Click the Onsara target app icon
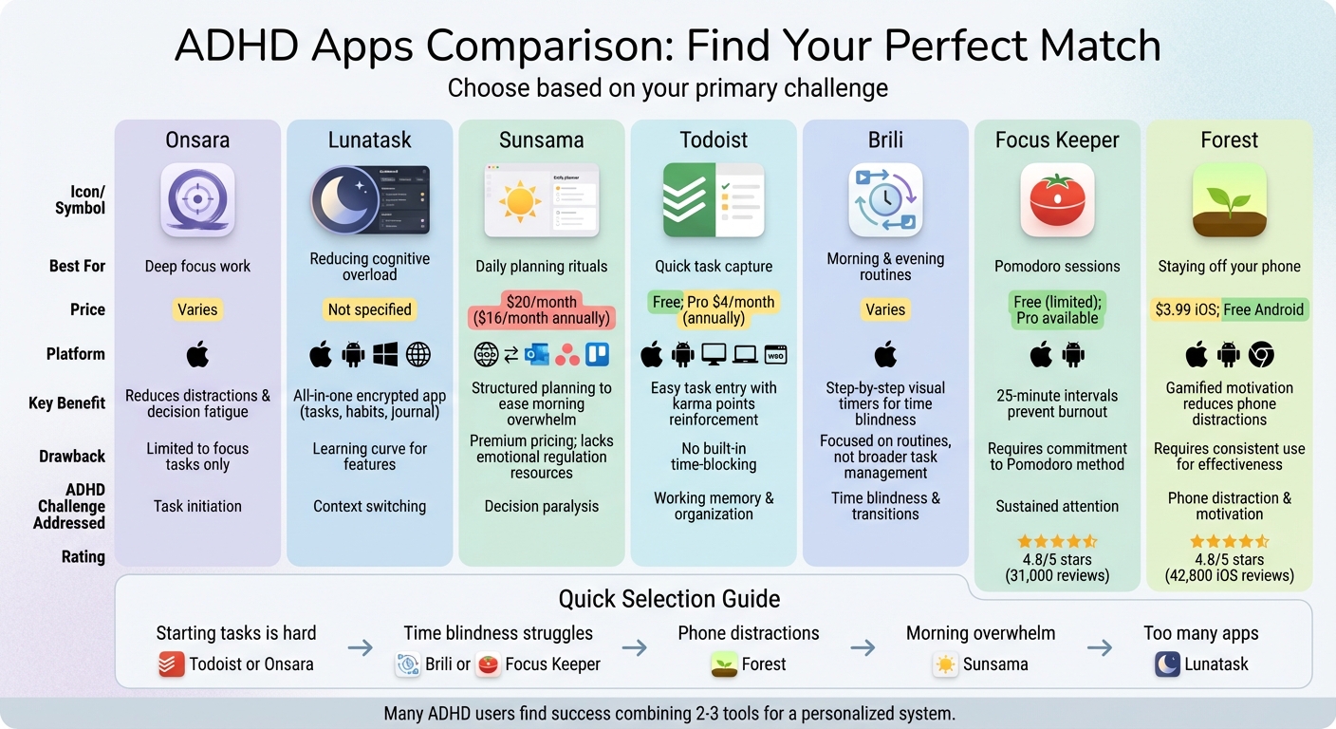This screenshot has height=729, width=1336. (197, 199)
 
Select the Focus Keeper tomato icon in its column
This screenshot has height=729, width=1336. (1057, 199)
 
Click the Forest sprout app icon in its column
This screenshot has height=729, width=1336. (1229, 199)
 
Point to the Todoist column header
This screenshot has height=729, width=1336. (714, 140)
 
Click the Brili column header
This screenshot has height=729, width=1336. (885, 140)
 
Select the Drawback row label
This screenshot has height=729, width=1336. (72, 457)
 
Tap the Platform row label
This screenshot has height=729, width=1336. (76, 354)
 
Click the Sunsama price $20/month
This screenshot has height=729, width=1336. (542, 301)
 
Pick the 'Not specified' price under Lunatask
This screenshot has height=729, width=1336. (369, 309)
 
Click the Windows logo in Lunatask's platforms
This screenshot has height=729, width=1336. (385, 355)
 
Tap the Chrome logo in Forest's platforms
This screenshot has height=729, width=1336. (1261, 355)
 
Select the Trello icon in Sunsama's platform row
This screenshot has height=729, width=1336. (598, 355)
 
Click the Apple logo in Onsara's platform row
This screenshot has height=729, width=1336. (197, 355)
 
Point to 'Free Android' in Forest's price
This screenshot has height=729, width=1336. (1264, 309)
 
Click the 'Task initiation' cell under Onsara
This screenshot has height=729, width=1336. (197, 506)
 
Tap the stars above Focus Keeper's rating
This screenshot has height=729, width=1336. (1057, 541)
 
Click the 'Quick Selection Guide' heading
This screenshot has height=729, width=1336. (669, 599)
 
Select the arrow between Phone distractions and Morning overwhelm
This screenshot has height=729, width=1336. (863, 648)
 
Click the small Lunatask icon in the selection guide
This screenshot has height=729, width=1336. (1167, 664)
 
